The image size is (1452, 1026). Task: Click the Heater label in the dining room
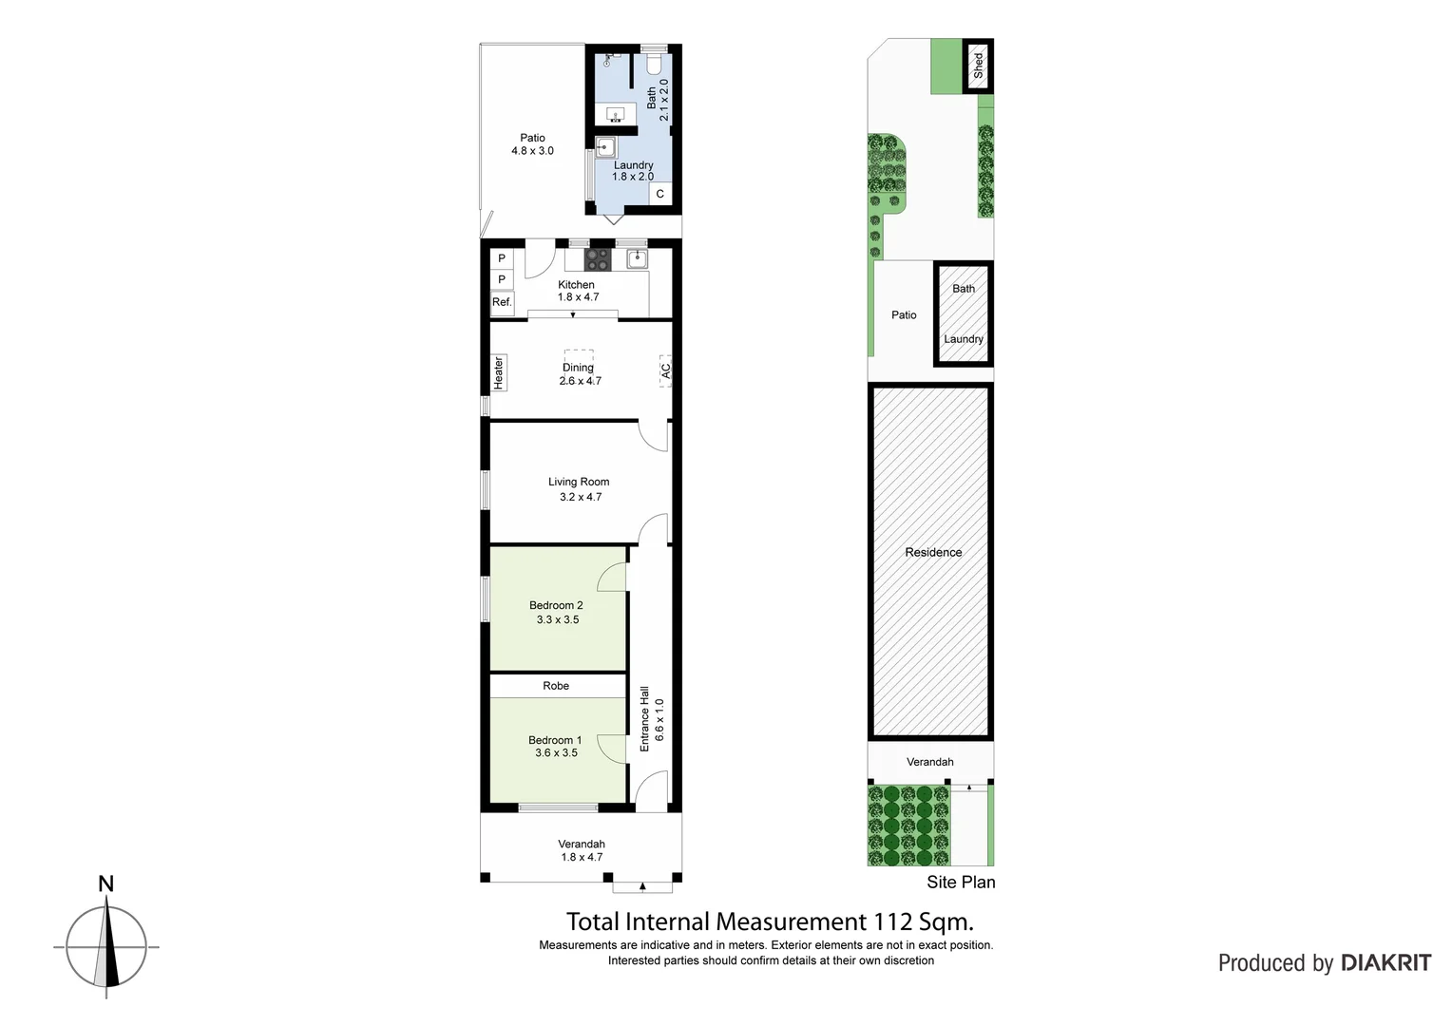click(x=499, y=372)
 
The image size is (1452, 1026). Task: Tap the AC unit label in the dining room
click(x=665, y=370)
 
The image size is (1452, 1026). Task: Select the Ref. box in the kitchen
click(x=502, y=302)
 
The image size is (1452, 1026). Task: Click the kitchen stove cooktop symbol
click(x=598, y=258)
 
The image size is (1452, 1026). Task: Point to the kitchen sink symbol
click(x=636, y=258)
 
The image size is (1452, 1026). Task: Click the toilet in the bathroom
click(x=654, y=64)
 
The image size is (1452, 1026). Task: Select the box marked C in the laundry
click(x=660, y=194)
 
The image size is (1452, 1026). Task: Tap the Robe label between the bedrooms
click(x=556, y=686)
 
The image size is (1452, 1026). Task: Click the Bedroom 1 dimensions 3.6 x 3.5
click(x=556, y=753)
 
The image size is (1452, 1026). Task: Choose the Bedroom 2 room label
click(x=556, y=605)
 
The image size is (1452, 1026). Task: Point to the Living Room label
click(x=579, y=482)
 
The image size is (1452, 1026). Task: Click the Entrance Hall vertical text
click(x=644, y=719)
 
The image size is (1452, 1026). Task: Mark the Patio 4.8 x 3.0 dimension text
click(x=532, y=151)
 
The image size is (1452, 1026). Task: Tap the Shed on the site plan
click(x=978, y=66)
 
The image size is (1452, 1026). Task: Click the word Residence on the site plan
click(x=933, y=552)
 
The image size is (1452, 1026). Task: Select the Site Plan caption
click(x=961, y=883)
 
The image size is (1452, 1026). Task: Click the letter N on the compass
click(x=106, y=884)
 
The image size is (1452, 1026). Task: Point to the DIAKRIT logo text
click(x=1385, y=963)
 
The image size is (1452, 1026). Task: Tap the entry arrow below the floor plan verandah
click(x=642, y=887)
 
